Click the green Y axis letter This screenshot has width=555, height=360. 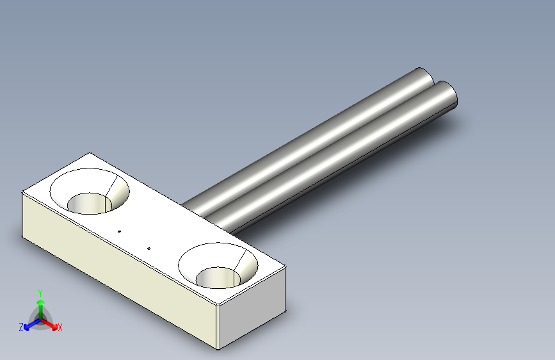[x=40, y=293]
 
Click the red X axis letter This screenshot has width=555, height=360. [x=60, y=327]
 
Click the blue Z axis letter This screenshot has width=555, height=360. [x=21, y=327]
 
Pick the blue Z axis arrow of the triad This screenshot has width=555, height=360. [x=33, y=324]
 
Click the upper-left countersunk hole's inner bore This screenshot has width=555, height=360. [x=89, y=204]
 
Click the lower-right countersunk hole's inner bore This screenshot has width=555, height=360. [x=218, y=277]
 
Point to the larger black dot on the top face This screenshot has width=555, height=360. [x=119, y=231]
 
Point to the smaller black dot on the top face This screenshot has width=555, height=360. [x=149, y=249]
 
